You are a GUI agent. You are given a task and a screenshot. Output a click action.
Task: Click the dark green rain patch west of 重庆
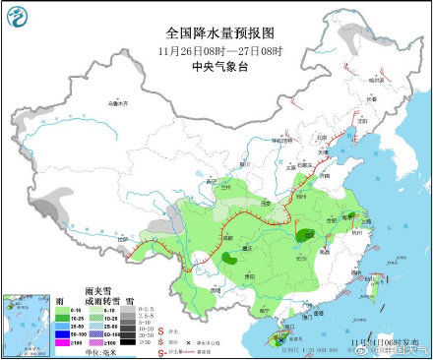pos(229,259)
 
